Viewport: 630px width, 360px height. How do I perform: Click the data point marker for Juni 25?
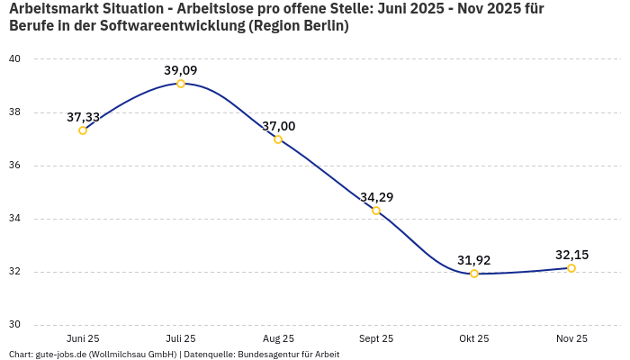(83, 130)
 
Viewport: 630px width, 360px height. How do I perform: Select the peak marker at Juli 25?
(181, 84)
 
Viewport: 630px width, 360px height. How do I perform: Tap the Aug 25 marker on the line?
(278, 139)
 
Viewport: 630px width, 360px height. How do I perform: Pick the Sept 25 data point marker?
(376, 211)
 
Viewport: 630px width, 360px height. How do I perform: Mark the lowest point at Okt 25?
(474, 274)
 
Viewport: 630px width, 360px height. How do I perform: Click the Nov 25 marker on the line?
(571, 268)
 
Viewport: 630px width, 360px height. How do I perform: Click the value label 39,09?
(181, 70)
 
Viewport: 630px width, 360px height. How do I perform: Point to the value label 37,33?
(83, 117)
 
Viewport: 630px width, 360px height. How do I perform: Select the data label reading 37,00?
(278, 126)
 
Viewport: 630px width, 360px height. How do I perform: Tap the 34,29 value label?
(376, 197)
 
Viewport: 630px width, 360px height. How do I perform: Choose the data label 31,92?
(474, 260)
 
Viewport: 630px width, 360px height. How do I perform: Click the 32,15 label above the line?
(571, 255)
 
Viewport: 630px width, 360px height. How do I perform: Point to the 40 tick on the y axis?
(15, 59)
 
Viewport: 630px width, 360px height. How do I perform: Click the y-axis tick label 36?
(15, 166)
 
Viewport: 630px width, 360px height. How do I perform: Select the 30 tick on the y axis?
(15, 325)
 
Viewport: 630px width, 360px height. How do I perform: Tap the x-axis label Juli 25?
(181, 338)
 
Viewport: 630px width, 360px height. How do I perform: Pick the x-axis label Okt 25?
(474, 338)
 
